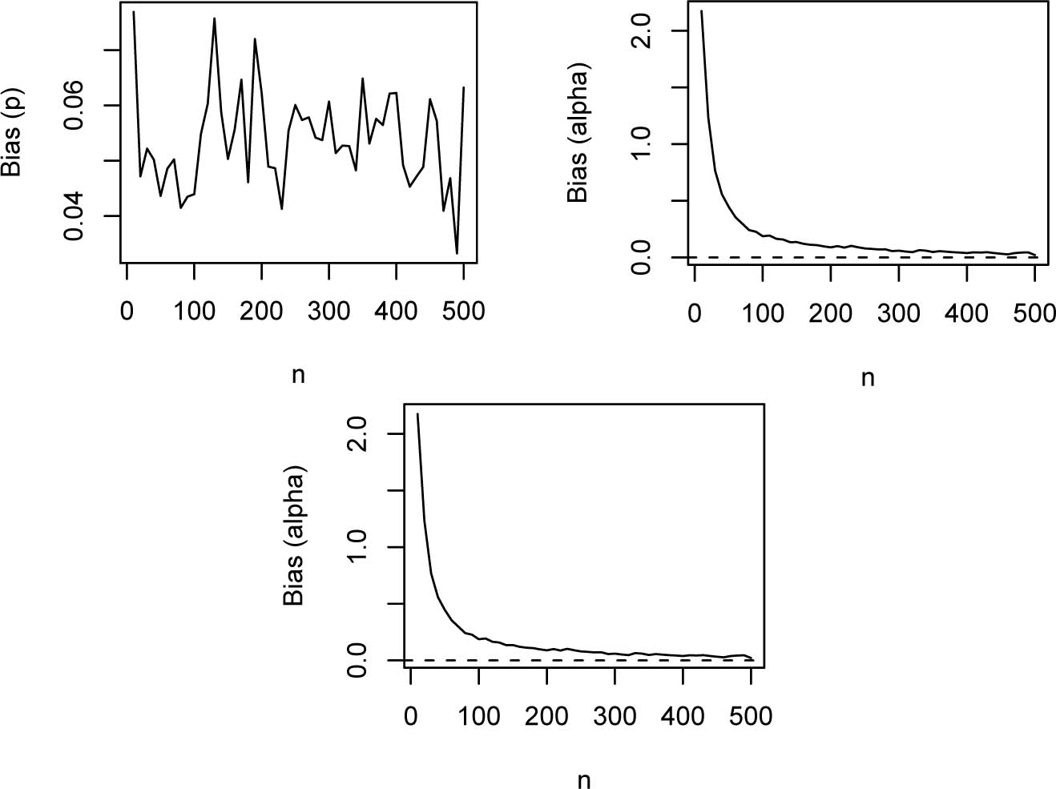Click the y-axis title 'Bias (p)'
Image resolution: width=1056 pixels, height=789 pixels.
13,131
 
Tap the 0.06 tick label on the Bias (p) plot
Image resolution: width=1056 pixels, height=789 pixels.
75,105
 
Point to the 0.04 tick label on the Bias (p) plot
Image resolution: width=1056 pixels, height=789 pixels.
75,215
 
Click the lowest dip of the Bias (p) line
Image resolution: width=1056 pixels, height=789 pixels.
457,253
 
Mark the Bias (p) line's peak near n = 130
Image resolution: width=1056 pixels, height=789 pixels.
215,18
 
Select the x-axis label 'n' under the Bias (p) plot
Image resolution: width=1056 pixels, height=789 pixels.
298,375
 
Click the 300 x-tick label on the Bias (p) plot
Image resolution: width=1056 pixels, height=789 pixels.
328,311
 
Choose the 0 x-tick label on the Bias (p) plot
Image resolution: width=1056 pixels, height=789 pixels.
127,311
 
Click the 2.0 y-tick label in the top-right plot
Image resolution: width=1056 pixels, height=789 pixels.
641,30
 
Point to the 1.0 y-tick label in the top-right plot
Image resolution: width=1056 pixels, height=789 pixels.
641,144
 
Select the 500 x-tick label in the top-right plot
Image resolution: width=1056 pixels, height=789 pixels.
1034,313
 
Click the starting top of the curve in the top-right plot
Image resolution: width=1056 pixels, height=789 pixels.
702,11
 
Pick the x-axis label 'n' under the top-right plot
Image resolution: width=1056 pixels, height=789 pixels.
867,377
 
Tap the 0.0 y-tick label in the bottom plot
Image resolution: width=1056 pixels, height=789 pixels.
357,660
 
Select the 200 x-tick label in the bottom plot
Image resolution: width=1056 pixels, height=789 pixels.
546,715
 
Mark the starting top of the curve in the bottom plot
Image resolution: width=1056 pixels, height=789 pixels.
417,414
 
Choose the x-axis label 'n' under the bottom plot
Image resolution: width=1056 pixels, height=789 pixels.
583,779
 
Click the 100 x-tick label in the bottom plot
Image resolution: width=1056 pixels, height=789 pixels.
478,715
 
